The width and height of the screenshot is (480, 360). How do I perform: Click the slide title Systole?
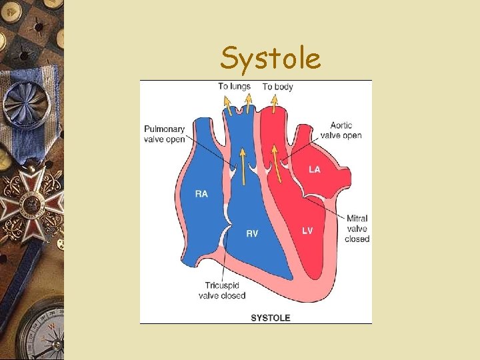point(271,58)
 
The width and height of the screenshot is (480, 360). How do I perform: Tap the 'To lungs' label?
point(234,86)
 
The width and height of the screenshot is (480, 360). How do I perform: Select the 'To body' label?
point(277,87)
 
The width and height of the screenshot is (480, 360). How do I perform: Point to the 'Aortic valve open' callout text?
point(341,130)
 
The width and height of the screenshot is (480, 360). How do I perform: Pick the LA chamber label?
point(314,169)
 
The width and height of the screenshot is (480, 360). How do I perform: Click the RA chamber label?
point(201,194)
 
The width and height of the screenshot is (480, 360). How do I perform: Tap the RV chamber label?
point(252,233)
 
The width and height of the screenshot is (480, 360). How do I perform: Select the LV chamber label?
point(307,231)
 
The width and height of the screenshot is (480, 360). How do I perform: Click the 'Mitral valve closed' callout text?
point(357,228)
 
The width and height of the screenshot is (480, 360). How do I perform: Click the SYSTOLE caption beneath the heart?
point(270,317)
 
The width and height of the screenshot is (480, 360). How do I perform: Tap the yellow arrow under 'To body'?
point(273,103)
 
